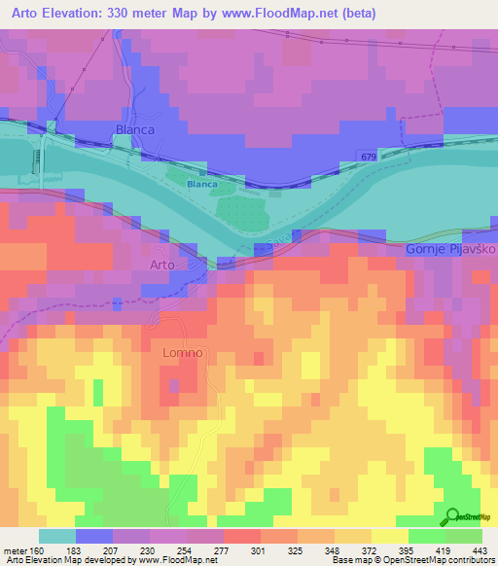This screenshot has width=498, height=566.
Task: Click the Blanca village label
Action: coord(136,128)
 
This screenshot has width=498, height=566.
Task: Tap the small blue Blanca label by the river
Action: coord(201,183)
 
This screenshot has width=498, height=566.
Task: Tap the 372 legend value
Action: coord(354,550)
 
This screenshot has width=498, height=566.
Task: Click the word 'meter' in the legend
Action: coord(15,550)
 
